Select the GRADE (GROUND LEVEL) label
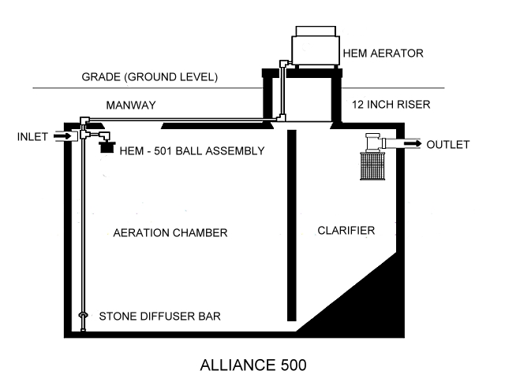(149, 78)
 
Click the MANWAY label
(131, 105)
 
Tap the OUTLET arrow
(410, 144)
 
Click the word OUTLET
(447, 145)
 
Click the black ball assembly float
(104, 146)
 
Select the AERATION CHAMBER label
(170, 233)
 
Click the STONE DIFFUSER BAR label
(159, 317)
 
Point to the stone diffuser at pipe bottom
(83, 317)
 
